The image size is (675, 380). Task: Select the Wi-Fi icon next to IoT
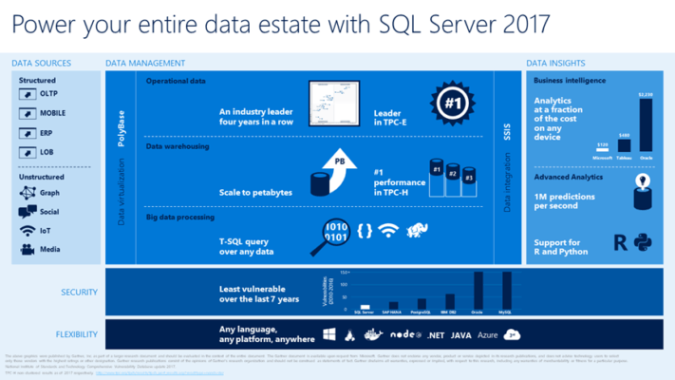[27, 230]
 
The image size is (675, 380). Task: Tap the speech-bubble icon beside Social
[27, 211]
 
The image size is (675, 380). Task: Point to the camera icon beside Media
[27, 249]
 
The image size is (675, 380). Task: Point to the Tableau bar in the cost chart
[623, 143]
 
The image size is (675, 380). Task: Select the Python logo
[643, 242]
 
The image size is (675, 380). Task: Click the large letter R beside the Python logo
[620, 242]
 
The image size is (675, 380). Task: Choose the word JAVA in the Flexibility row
[461, 335]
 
